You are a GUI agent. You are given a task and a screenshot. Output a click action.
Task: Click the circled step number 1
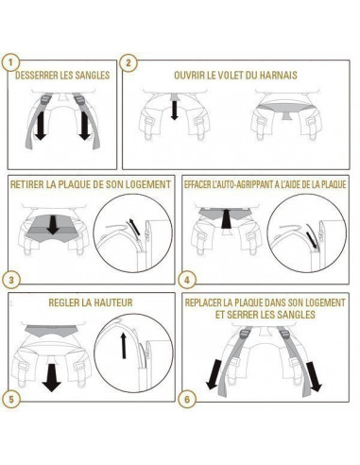10,62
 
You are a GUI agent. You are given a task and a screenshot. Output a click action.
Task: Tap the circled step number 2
129,62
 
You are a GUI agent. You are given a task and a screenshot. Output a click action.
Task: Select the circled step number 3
11,280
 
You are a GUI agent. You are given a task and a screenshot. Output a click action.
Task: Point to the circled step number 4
187,280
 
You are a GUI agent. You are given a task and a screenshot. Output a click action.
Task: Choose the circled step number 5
11,400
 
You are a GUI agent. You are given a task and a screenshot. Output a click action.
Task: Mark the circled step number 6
187,400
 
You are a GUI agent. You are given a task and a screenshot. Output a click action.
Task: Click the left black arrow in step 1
40,126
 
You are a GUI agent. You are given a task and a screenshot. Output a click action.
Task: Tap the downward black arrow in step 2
174,109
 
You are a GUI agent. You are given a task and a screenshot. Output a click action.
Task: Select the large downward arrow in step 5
52,377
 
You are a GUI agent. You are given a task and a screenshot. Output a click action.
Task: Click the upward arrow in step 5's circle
124,346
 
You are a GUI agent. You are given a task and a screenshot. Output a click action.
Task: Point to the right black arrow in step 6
314,376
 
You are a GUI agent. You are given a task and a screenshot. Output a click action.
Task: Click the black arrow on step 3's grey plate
53,224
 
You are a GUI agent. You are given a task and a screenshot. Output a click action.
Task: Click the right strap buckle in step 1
79,99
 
